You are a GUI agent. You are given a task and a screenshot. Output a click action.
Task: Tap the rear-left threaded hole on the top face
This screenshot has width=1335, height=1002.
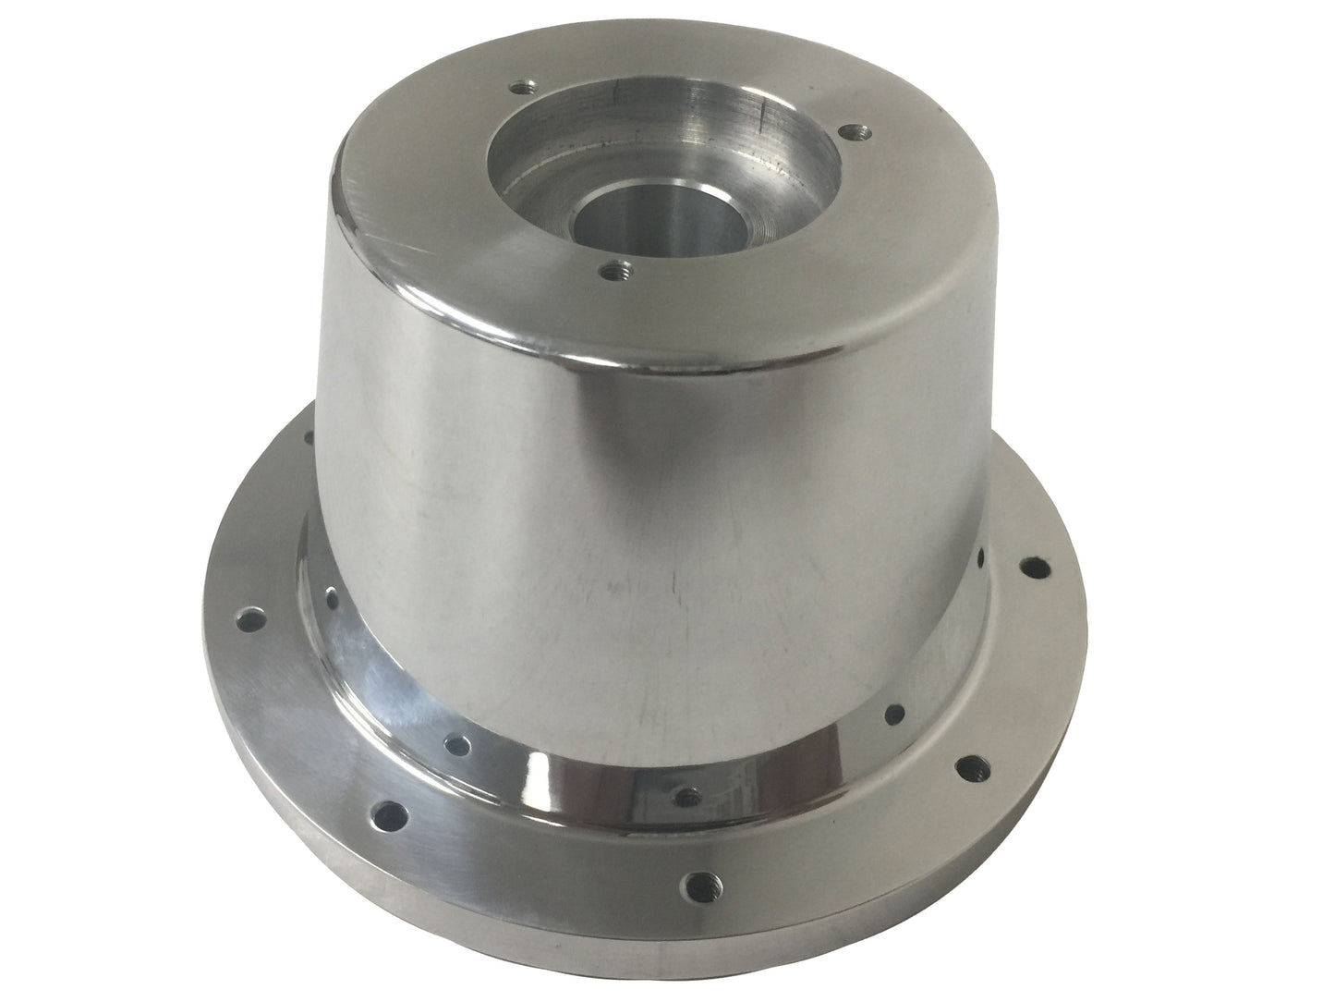(524, 87)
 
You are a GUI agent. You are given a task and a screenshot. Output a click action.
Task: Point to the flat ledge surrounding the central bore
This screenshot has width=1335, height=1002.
(702, 208)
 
